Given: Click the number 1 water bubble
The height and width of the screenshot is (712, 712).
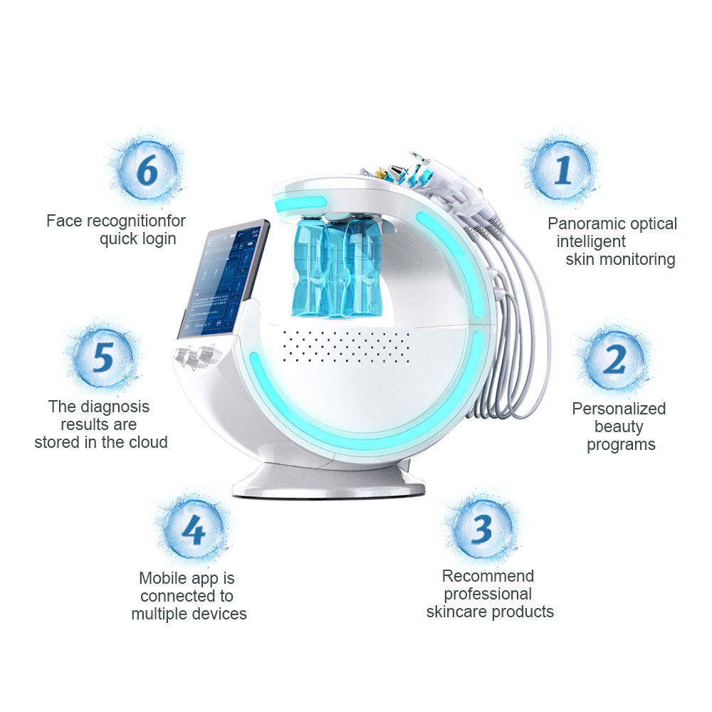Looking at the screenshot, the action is (x=562, y=169).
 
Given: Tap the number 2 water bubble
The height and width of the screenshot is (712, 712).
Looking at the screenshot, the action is (x=614, y=360).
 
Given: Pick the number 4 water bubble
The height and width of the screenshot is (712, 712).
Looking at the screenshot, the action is (x=194, y=530).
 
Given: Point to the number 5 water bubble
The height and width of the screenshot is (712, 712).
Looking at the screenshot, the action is (x=103, y=357).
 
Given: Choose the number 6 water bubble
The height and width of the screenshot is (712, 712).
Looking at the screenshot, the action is (x=147, y=170).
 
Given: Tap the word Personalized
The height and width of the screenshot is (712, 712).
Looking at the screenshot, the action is (x=619, y=409).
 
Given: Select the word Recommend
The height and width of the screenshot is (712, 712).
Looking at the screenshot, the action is (x=488, y=576).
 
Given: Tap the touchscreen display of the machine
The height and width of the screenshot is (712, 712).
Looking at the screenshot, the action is (x=223, y=279).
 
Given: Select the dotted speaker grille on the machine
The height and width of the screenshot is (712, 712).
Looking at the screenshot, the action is (x=346, y=347).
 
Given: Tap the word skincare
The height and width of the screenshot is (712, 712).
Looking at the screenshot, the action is (x=456, y=612).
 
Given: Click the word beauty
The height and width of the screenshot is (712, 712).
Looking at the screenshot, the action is (x=619, y=426).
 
